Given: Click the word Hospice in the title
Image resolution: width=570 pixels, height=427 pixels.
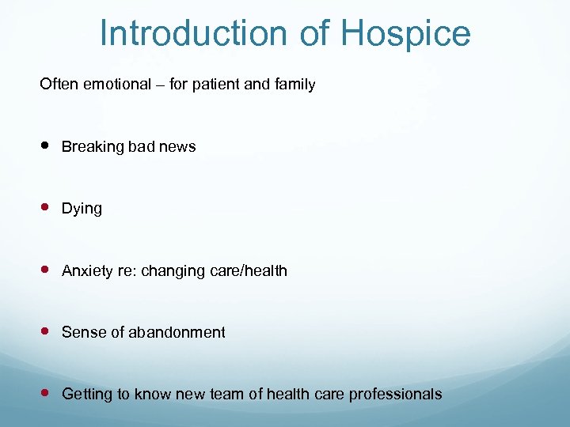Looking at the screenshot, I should click(x=406, y=34).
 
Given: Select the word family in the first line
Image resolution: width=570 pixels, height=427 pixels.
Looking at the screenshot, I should click(x=294, y=85).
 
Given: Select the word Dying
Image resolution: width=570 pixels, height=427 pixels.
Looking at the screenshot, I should click(x=82, y=209).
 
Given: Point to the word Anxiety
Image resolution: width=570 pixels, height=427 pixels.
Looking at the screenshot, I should click(x=88, y=271).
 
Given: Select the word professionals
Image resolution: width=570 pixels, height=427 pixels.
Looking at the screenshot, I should click(x=397, y=395).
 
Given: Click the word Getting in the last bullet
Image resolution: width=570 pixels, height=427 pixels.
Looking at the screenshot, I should click(x=88, y=395).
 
